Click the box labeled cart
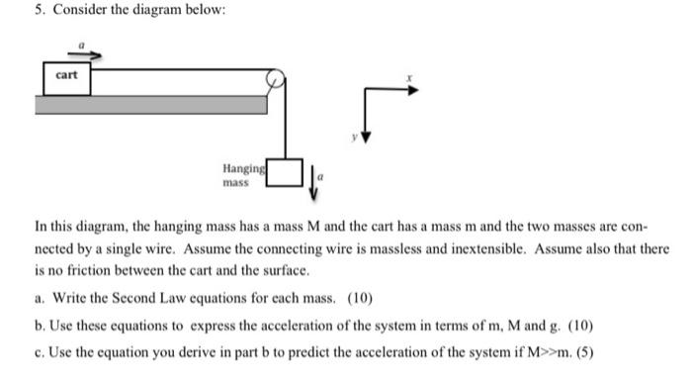tap(67, 76)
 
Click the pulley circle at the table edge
tap(278, 79)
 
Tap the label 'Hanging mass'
tap(241, 176)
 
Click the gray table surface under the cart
tap(148, 104)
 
